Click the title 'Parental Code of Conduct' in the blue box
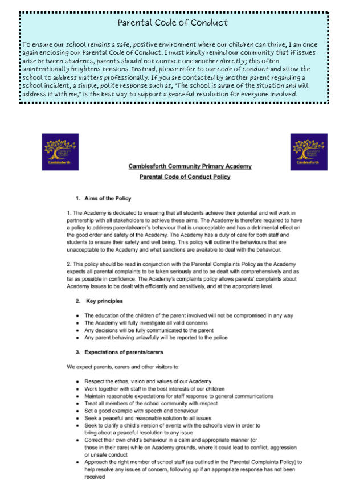[172, 23]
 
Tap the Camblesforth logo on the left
[60, 151]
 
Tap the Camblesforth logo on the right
[308, 151]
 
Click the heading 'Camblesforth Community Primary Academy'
[190, 167]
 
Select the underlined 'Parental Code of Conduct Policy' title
[185, 177]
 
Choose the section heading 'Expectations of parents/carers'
[119, 352]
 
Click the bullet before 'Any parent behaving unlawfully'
[77, 338]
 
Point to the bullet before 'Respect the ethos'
[77, 381]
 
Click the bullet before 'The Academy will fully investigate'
[77, 323]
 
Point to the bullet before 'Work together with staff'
[77, 388]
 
